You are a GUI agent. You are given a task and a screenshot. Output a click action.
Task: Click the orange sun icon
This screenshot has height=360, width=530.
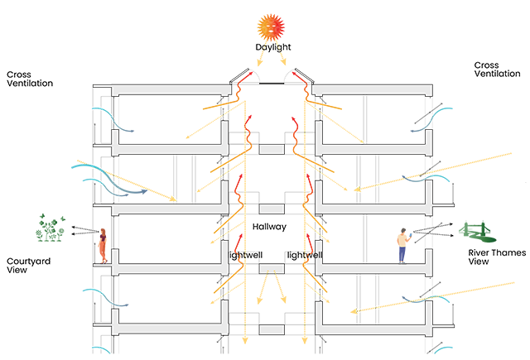272,27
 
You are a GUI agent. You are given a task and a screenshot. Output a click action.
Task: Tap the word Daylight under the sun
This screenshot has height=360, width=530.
272,48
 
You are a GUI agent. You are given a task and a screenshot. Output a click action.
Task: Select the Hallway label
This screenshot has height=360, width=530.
270,225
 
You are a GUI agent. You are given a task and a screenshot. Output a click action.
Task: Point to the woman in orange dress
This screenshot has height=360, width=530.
104,245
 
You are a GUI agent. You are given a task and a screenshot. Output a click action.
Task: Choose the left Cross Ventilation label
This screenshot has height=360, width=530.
30,79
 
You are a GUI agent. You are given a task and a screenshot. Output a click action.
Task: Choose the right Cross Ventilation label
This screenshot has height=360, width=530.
497,70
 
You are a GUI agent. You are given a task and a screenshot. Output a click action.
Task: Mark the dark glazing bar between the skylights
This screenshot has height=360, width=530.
272,84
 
